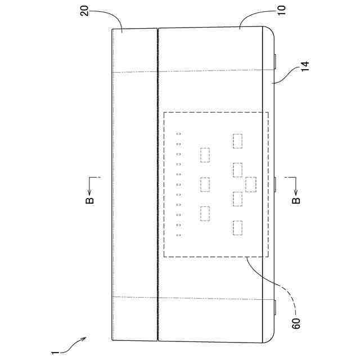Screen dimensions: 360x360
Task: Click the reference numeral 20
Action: coord(84,11)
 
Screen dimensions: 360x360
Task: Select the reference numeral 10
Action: coord(282,10)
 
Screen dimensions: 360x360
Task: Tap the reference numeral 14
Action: coord(305,66)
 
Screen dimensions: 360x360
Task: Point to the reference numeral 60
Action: coord(296,324)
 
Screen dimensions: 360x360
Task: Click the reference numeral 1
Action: coord(53,353)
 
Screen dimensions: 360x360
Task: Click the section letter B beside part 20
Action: coord(89,200)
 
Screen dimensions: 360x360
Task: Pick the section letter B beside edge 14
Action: coord(296,200)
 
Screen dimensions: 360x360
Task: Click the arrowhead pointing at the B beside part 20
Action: coord(89,192)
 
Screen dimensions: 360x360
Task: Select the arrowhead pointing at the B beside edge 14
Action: coord(296,192)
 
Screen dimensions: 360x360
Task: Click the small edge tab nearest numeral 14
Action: coord(275,61)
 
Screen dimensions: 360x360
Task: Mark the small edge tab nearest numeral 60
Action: coord(275,307)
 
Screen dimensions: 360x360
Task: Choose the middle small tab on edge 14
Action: coord(275,184)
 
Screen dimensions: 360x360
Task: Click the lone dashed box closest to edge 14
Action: coord(251,184)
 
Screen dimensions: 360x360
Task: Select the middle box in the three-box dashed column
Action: coord(205,184)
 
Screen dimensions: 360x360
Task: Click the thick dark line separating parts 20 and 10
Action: coord(158,184)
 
